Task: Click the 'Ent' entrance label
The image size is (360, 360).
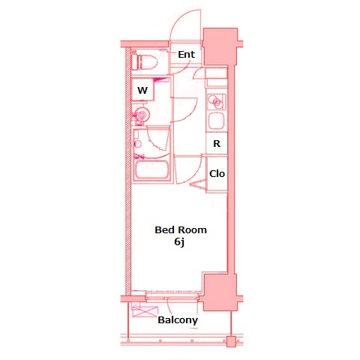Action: [186, 54]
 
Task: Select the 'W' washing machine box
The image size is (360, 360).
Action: [142, 90]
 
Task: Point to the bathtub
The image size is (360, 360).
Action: [153, 168]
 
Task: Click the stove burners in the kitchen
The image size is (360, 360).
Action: [216, 100]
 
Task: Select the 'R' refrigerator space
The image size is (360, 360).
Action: [216, 143]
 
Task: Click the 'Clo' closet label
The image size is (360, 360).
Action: [217, 174]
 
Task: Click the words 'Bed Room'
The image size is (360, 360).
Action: [180, 229]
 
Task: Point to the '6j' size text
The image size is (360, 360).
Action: [179, 242]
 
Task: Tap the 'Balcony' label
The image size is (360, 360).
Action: [178, 320]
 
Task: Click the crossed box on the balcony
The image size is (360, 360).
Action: [139, 312]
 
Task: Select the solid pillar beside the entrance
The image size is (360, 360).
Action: [220, 46]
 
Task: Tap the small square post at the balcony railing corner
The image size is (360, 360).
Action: [232, 340]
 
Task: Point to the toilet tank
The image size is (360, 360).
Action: [136, 61]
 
